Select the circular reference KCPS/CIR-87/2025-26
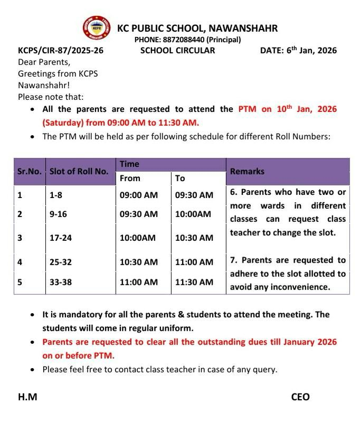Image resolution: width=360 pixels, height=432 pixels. point(61,51)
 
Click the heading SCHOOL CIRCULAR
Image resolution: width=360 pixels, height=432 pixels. point(177,51)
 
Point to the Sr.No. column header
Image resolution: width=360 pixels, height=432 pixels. point(30,171)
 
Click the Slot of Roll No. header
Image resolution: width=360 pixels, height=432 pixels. point(79,171)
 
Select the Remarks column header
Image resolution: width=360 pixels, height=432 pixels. point(247,171)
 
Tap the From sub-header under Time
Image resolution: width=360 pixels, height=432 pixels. point(130,179)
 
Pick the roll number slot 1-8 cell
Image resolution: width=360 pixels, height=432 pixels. point(55,195)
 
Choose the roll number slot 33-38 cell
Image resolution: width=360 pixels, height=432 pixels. point(60,282)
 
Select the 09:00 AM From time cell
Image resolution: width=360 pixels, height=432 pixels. point(138,195)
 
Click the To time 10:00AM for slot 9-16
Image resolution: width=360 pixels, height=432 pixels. point(193,214)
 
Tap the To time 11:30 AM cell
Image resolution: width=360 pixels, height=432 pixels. point(194,282)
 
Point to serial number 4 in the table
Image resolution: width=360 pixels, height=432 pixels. point(20,262)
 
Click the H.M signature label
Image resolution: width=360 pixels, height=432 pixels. point(27,397)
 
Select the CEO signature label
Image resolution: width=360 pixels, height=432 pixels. point(300,397)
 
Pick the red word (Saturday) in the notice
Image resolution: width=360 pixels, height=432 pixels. point(62,123)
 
